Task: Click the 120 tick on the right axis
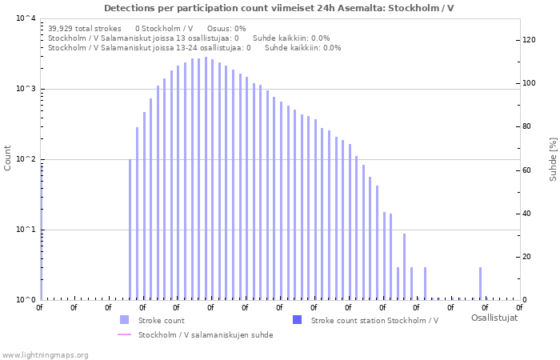click(x=530, y=40)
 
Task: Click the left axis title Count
click(x=8, y=158)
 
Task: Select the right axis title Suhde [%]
click(x=553, y=158)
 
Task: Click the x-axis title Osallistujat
click(x=494, y=318)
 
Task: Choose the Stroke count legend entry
click(x=161, y=321)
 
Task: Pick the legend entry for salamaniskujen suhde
click(x=206, y=335)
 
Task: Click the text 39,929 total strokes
click(x=85, y=28)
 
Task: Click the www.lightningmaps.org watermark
click(x=45, y=354)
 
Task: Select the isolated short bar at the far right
click(x=481, y=283)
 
